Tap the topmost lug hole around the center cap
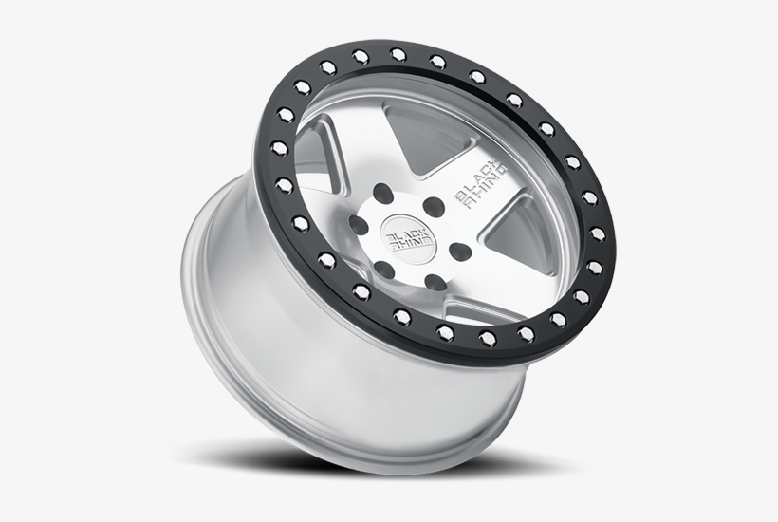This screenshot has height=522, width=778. point(382,193)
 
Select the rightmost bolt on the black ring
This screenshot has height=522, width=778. point(599,233)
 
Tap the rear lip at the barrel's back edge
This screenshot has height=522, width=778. point(204,285)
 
